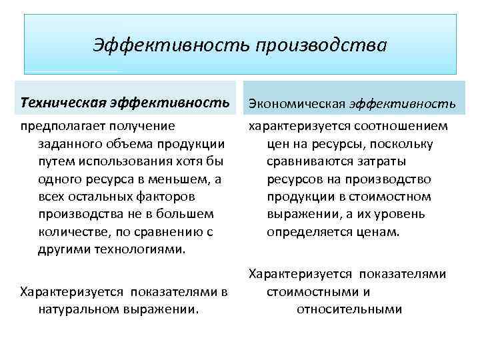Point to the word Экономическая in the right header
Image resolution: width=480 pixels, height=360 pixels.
296,104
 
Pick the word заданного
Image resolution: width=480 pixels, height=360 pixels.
67,144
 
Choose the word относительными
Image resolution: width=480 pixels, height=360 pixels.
349,309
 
